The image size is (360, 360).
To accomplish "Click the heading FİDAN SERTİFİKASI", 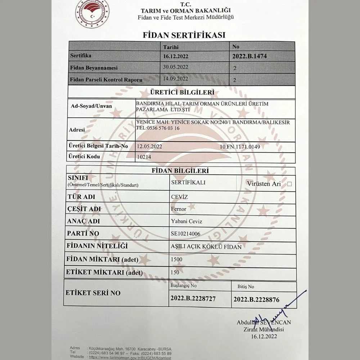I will (x=184, y=35).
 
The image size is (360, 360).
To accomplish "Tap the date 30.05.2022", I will (x=175, y=67).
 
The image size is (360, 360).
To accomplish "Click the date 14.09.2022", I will (x=175, y=78).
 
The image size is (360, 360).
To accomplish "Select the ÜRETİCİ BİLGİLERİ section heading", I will (x=183, y=92).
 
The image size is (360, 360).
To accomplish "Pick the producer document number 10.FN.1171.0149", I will (x=239, y=147).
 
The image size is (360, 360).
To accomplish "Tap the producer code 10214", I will (x=144, y=157).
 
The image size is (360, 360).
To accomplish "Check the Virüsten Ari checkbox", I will (x=289, y=184).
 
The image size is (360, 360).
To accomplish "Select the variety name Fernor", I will (x=179, y=209).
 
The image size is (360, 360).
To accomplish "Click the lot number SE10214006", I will (x=185, y=234).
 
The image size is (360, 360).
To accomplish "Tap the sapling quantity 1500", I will (x=177, y=259).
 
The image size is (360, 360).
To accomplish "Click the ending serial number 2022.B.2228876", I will (x=256, y=299).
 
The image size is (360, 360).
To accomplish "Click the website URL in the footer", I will (x=130, y=357).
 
